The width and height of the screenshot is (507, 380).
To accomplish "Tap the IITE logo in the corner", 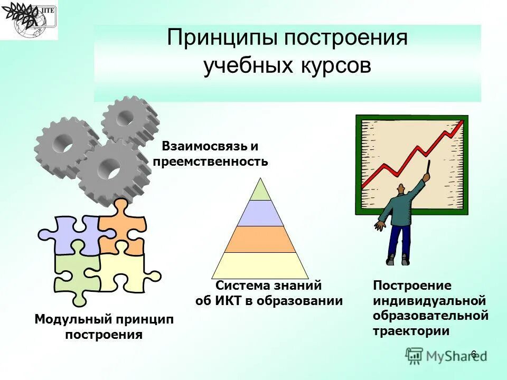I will [29, 20].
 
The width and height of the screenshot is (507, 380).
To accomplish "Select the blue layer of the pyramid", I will [260, 214].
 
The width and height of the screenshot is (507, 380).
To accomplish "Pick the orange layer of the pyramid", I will [260, 239].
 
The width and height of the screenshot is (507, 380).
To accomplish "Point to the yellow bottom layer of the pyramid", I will [260, 265].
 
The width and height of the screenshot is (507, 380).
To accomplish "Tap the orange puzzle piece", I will [123, 227].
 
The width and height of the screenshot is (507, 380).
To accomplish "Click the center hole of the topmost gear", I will [126, 117].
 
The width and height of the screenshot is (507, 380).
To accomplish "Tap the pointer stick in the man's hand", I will [428, 168].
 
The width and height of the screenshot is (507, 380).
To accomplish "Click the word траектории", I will [411, 331].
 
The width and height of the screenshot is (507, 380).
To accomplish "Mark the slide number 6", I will [473, 354].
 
